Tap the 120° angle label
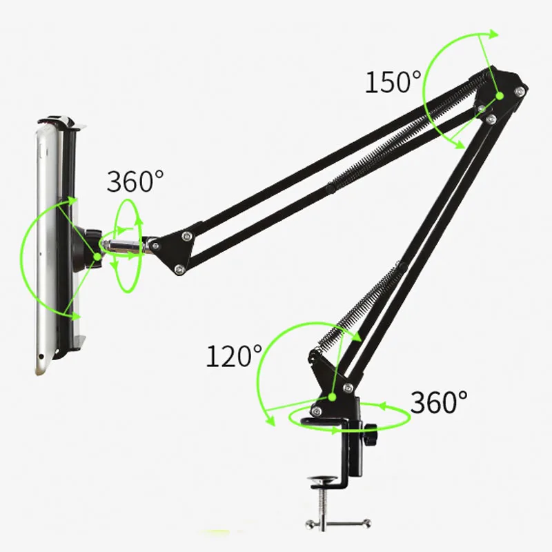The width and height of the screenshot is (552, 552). [x=234, y=357]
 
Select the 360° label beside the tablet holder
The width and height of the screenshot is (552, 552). [x=135, y=181]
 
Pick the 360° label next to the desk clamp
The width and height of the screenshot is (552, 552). [x=439, y=401]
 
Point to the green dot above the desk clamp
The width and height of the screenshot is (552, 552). [x=332, y=397]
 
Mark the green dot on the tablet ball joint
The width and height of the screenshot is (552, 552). [x=97, y=257]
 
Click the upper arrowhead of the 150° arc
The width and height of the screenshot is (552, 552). [x=491, y=34]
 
